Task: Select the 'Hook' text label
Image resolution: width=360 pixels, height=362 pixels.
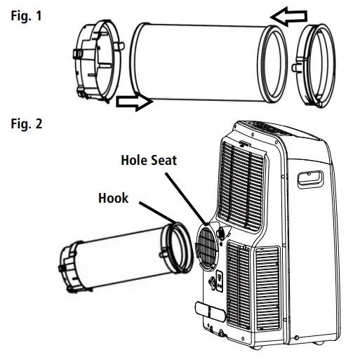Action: click(112, 198)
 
